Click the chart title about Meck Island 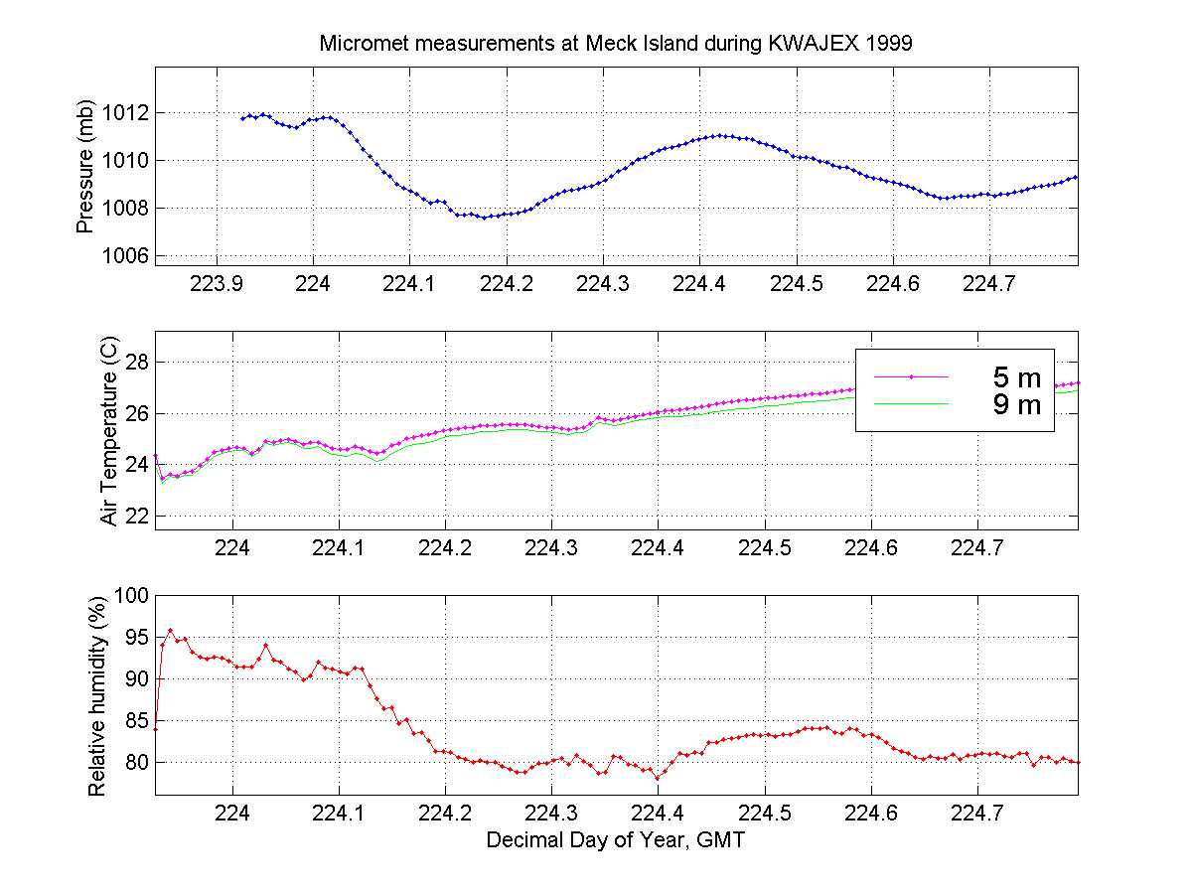(x=616, y=45)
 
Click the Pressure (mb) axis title (x=84, y=167)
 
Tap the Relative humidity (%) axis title (x=96, y=694)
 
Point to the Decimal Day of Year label (x=616, y=840)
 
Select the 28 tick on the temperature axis (x=136, y=362)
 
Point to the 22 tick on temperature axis (x=136, y=516)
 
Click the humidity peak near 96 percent (x=170, y=630)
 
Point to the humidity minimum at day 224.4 (x=658, y=778)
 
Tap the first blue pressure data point (x=242, y=119)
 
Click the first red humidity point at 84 (x=156, y=729)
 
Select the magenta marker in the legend (x=911, y=377)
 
